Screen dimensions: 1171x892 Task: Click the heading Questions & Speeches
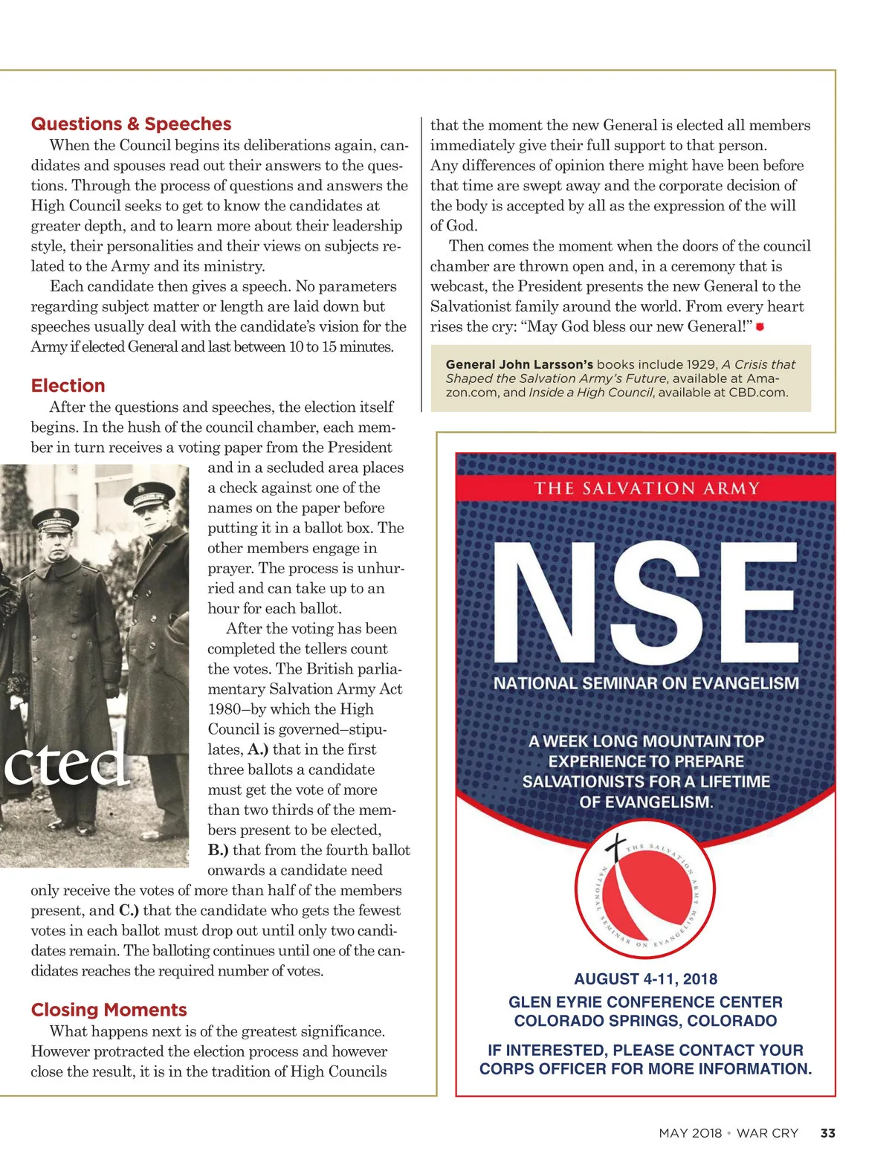(131, 124)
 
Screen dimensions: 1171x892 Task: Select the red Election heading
(68, 386)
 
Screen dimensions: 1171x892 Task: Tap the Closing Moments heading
(109, 1010)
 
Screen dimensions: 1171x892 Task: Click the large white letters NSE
(645, 603)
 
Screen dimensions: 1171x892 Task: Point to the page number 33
(827, 1133)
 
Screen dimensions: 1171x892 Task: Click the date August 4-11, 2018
(645, 979)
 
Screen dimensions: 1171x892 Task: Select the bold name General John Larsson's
(519, 364)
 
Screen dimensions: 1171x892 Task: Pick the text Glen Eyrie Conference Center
(645, 1002)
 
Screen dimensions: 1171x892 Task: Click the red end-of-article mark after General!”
(760, 327)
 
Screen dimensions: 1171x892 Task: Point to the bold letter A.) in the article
(257, 749)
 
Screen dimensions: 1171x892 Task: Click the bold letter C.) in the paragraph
(129, 910)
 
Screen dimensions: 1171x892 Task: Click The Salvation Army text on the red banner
(645, 488)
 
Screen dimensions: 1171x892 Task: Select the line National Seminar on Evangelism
(645, 683)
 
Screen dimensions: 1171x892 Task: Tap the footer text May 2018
(690, 1133)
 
